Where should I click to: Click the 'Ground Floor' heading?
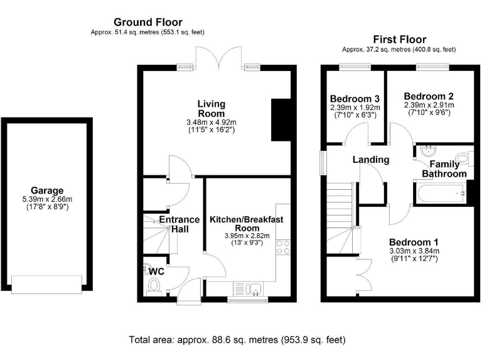click(148, 21)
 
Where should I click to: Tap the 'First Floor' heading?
click(399, 39)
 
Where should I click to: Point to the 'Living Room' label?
click(211, 108)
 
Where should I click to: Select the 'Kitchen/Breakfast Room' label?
click(247, 223)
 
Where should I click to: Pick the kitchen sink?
click(254, 288)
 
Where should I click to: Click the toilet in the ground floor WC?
click(153, 286)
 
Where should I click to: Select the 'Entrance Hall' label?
click(179, 224)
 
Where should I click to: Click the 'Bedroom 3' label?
click(355, 99)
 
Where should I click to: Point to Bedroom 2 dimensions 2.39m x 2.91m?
click(429, 105)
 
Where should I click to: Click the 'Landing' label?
click(370, 160)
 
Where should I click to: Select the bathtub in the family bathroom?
click(439, 193)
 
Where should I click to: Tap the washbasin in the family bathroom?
click(429, 151)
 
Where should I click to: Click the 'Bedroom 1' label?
click(414, 242)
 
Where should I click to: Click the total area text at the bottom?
click(237, 340)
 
